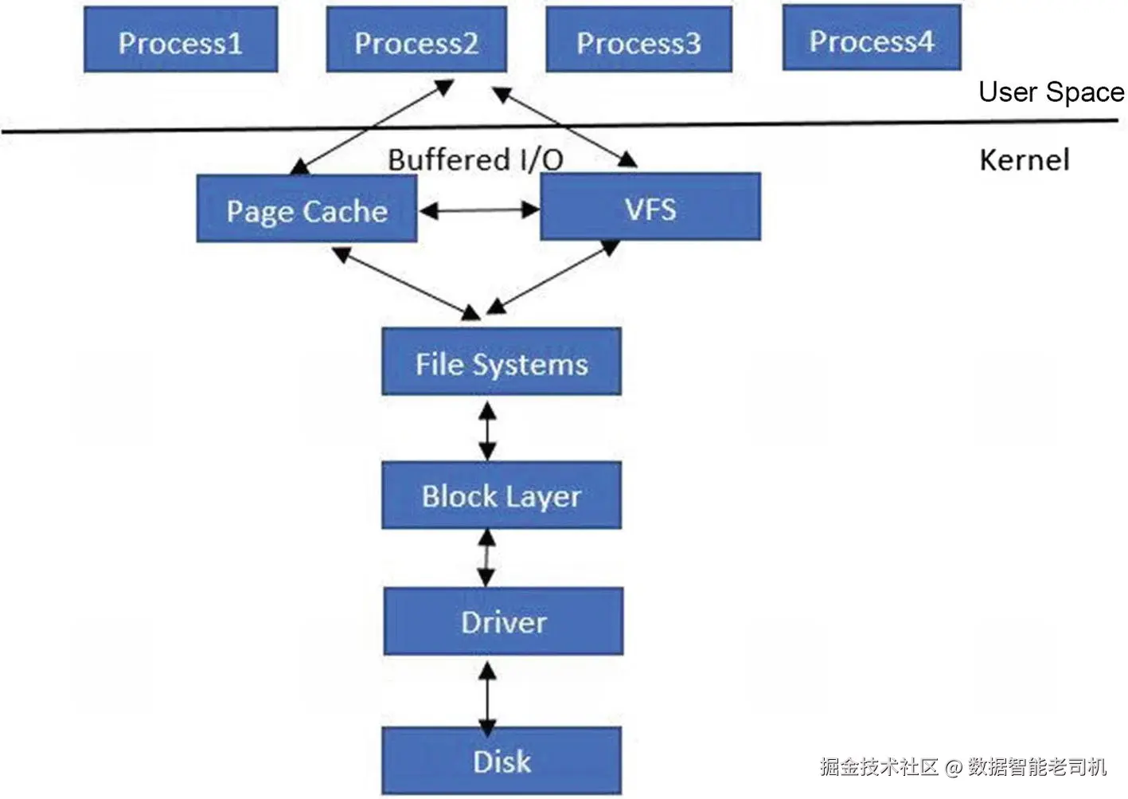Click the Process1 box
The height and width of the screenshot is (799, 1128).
coord(181,40)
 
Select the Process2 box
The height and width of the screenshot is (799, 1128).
coord(416,40)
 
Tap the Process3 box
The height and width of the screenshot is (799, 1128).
coord(638,40)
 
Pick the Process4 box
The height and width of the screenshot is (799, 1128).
coord(872,38)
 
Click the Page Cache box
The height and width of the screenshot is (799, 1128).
coord(306,210)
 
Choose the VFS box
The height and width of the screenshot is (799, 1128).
coord(650,207)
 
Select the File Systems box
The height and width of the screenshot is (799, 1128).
coord(502,362)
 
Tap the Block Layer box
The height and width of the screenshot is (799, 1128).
coord(502,495)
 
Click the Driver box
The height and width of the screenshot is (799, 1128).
coord(503,621)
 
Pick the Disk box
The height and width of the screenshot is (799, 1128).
coord(502,761)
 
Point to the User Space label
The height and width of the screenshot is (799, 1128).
coord(1051,92)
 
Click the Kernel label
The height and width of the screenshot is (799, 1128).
coord(1024,160)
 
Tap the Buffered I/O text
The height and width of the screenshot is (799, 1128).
coord(475,159)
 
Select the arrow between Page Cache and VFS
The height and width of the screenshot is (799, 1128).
coord(478,211)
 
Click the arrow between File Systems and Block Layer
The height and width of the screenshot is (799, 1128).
coord(487,430)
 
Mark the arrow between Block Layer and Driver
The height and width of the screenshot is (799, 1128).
coord(486,558)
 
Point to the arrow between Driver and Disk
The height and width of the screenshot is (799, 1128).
coord(487,699)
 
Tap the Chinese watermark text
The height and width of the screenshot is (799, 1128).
coord(963,767)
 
